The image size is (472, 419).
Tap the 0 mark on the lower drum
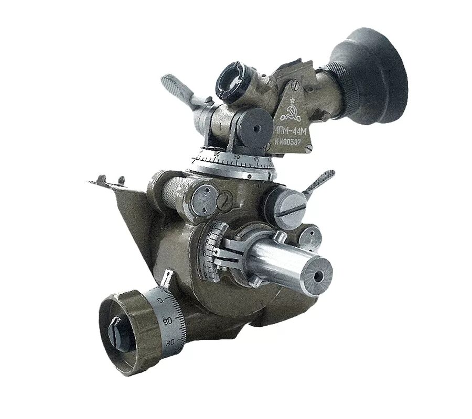pos(160,299)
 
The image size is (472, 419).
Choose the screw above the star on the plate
pos(295,82)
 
